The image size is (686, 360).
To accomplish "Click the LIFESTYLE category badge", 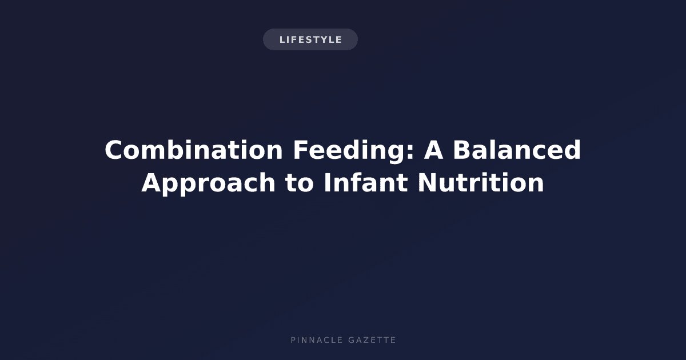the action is [x=310, y=39].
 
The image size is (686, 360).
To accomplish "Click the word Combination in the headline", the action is [x=194, y=150].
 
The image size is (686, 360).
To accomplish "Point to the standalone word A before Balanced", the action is [x=433, y=150].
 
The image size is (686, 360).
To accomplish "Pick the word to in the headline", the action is [x=300, y=183].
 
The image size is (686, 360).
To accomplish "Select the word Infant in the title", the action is [x=366, y=182].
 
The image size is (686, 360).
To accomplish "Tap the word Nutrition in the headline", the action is [x=481, y=182].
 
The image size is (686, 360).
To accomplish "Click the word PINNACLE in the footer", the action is [x=317, y=340].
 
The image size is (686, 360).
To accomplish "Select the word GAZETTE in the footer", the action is [x=372, y=340].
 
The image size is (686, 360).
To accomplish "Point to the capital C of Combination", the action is [x=114, y=150].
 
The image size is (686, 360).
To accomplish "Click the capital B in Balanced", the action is [x=462, y=150].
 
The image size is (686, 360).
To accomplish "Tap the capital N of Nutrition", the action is [x=428, y=183].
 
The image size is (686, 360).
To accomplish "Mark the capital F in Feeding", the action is [x=301, y=150].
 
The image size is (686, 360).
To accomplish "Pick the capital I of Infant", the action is [x=327, y=183].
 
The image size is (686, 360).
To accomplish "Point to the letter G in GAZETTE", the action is [x=352, y=340].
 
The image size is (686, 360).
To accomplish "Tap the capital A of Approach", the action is [x=151, y=183].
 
